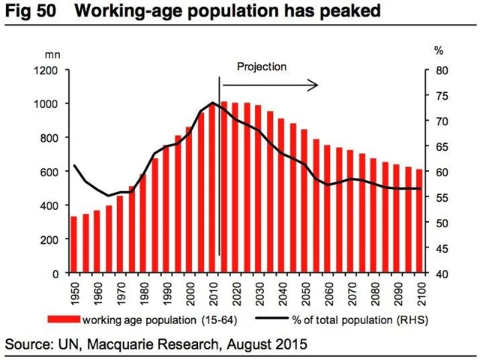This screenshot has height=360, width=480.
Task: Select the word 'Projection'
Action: pyautogui.click(x=262, y=66)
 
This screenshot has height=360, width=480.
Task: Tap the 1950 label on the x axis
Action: pyautogui.click(x=73, y=292)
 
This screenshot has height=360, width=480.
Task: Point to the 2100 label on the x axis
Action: pyautogui.click(x=420, y=292)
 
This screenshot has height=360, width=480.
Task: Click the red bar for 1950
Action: pyautogui.click(x=73, y=244)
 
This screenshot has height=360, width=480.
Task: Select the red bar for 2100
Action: pyautogui.click(x=419, y=221)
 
